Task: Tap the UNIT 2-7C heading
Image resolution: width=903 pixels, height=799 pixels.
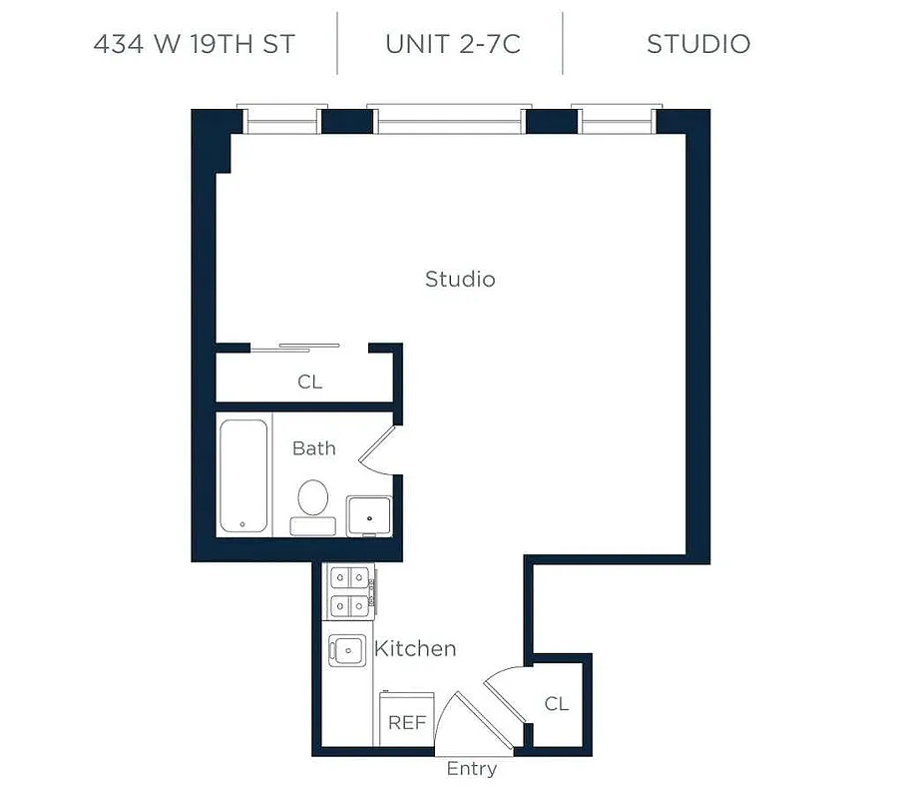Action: (452, 44)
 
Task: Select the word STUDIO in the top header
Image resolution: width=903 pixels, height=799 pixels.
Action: (698, 44)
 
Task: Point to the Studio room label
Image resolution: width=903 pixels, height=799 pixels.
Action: (460, 279)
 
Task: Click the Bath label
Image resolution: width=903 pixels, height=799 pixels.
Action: (313, 448)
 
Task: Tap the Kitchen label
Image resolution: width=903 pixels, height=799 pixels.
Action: (415, 649)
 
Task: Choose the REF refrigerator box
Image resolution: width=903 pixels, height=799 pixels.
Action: (407, 721)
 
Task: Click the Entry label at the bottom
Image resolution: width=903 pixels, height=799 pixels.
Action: (472, 769)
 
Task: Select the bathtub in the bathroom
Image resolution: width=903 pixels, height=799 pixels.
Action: (243, 476)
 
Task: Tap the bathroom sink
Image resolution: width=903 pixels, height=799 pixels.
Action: (369, 514)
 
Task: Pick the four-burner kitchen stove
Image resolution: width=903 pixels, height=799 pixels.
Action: (349, 590)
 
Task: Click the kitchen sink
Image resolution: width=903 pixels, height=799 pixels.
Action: (346, 649)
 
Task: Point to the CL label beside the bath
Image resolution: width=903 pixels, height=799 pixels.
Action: (310, 383)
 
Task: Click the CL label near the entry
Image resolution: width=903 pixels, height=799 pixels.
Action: (557, 704)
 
